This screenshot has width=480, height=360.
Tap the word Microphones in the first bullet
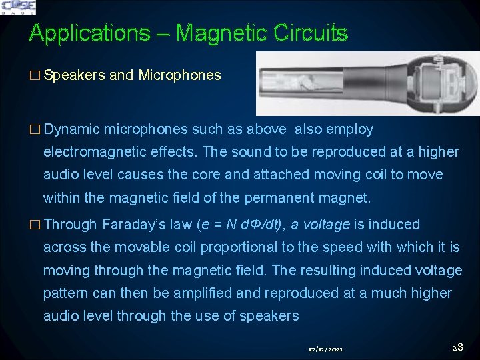point(179,75)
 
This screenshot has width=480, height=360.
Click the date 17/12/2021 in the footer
point(325,349)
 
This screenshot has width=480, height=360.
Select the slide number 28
point(457,347)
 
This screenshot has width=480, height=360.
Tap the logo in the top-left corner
point(18,7)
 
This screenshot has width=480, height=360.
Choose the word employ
point(350,129)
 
